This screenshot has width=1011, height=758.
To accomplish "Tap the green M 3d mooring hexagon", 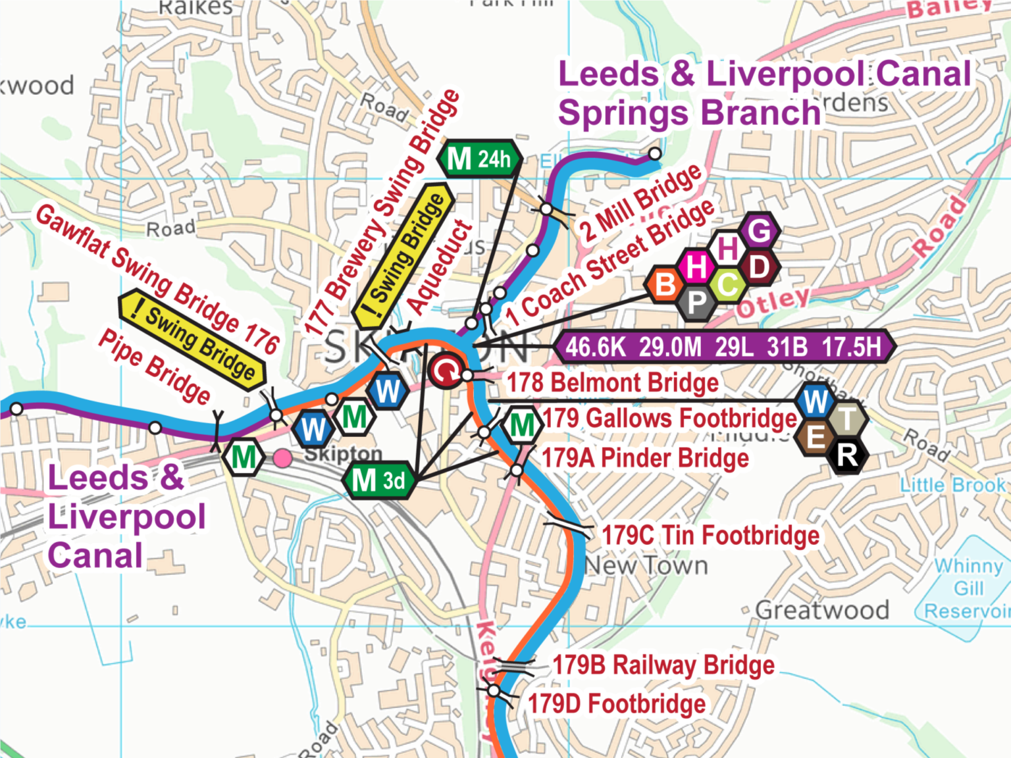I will pyautogui.click(x=379, y=480).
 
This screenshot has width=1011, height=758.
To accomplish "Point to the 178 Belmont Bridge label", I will pyautogui.click(x=612, y=382).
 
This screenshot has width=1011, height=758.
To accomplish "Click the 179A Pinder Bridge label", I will pyautogui.click(x=645, y=458).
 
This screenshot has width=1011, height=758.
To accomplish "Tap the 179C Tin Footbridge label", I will pyautogui.click(x=711, y=535).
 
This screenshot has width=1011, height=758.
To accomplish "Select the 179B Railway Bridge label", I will pyautogui.click(x=663, y=665).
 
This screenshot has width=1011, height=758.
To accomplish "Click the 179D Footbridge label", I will pyautogui.click(x=617, y=703).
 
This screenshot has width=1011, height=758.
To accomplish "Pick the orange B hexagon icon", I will pyautogui.click(x=665, y=284).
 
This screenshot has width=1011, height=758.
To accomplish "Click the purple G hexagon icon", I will pyautogui.click(x=759, y=231).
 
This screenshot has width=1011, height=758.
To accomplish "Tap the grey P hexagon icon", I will pyautogui.click(x=696, y=303).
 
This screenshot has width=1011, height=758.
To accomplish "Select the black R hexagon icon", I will pyautogui.click(x=848, y=455).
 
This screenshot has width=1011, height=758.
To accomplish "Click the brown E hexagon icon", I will pyautogui.click(x=815, y=436).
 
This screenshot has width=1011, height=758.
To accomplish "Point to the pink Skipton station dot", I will pyautogui.click(x=283, y=459).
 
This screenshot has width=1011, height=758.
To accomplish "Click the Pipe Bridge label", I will pyautogui.click(x=154, y=366).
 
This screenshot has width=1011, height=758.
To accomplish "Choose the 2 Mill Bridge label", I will pyautogui.click(x=640, y=203).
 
